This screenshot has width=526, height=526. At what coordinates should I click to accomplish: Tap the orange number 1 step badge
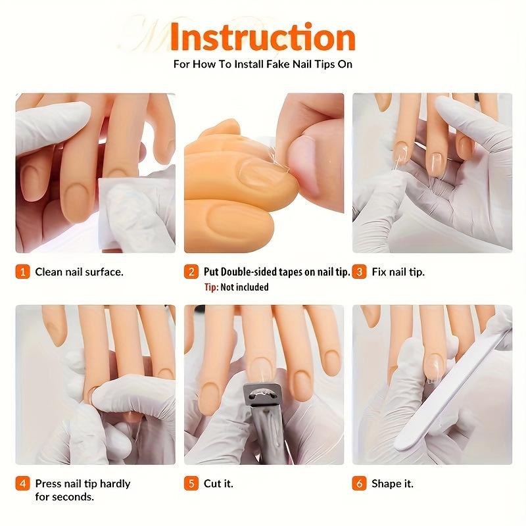pyautogui.click(x=23, y=272)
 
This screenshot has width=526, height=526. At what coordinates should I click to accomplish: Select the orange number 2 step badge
pyautogui.click(x=191, y=272)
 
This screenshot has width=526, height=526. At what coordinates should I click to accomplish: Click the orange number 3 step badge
pyautogui.click(x=359, y=272)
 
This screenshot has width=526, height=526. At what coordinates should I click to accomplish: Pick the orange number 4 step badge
pyautogui.click(x=23, y=484)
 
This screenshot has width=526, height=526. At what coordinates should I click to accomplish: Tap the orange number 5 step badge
pyautogui.click(x=191, y=484)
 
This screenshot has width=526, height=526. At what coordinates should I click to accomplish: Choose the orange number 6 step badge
pyautogui.click(x=359, y=484)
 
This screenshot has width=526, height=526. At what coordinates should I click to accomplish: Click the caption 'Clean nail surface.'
pyautogui.click(x=79, y=272)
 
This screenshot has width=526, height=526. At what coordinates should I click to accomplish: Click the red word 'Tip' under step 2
pyautogui.click(x=210, y=287)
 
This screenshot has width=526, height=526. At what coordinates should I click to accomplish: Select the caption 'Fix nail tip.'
pyautogui.click(x=398, y=272)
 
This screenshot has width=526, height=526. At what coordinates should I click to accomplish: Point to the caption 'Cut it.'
pyautogui.click(x=218, y=484)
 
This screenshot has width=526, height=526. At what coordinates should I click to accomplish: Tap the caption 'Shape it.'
pyautogui.click(x=393, y=484)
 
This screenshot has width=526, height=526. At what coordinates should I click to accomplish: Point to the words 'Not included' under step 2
pyautogui.click(x=244, y=287)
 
